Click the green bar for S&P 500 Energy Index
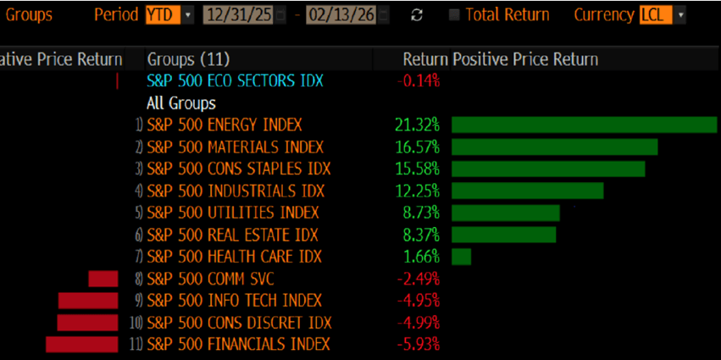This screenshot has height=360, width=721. pyautogui.click(x=584, y=125)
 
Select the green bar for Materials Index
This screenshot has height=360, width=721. pyautogui.click(x=554, y=147)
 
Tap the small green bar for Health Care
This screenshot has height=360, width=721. pyautogui.click(x=461, y=257)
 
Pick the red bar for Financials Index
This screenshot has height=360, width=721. pyautogui.click(x=81, y=344)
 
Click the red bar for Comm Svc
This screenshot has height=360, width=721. pyautogui.click(x=103, y=279)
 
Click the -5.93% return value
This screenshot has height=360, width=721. pyautogui.click(x=419, y=344)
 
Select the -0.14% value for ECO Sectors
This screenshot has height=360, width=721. pyautogui.click(x=419, y=81)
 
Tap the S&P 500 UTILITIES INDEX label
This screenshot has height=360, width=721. pyautogui.click(x=233, y=213)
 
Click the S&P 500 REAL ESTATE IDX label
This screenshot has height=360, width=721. pyautogui.click(x=232, y=235)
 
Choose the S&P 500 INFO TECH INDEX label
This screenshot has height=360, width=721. pyautogui.click(x=235, y=301)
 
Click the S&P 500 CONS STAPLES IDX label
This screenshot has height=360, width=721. pyautogui.click(x=239, y=169)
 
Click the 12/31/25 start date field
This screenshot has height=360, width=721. pyautogui.click(x=238, y=14)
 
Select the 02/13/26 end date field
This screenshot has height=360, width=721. pyautogui.click(x=342, y=14)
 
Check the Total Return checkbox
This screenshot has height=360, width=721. pyautogui.click(x=455, y=15)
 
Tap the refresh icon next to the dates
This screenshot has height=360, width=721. pyautogui.click(x=416, y=15)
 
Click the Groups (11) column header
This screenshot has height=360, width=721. pyautogui.click(x=188, y=59)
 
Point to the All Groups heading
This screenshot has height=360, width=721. pyautogui.click(x=181, y=103)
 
